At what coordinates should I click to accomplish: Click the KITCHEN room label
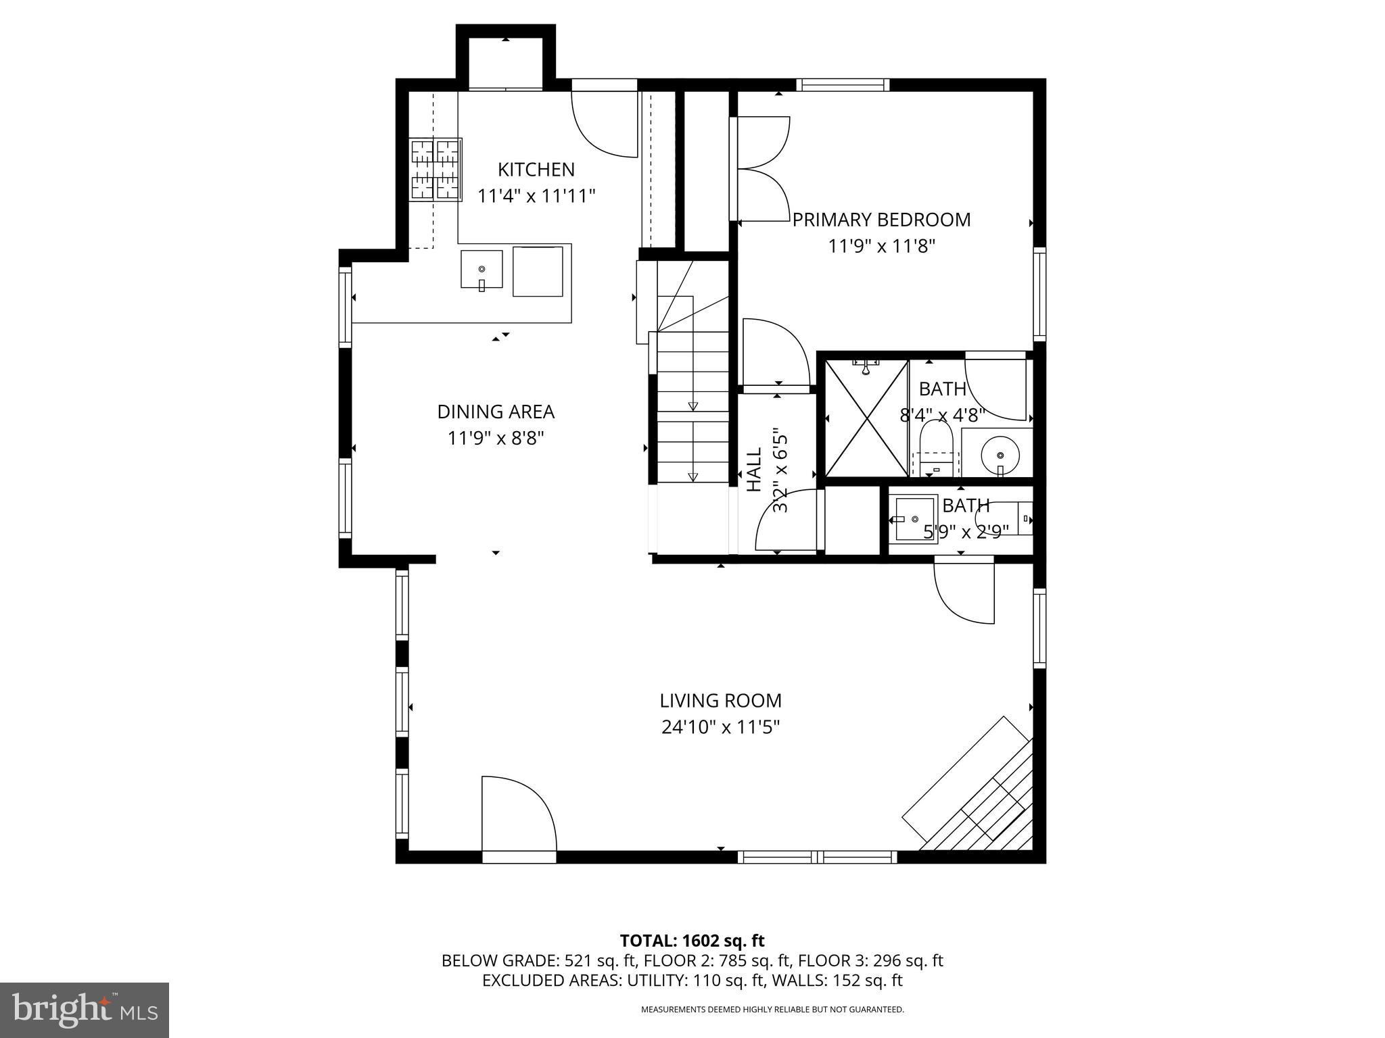point(536,169)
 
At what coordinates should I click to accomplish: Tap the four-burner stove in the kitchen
point(436,170)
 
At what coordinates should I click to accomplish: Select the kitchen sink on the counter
point(482,269)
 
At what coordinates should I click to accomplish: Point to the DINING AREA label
point(496,412)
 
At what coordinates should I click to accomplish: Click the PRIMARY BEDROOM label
point(881,220)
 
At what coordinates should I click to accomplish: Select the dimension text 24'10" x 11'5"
point(721,727)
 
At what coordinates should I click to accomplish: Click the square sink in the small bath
point(916,519)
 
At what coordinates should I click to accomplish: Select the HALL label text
point(754,468)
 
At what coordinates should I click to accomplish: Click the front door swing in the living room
point(517,814)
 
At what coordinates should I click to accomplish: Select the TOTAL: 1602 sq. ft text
point(692,941)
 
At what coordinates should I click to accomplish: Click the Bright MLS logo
point(85,1010)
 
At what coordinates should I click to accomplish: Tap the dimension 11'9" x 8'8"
point(496,439)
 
